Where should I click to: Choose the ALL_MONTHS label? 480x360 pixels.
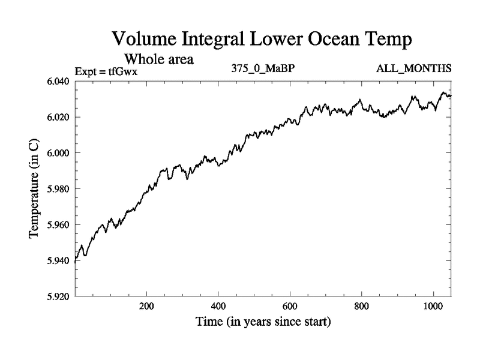[x=413, y=68]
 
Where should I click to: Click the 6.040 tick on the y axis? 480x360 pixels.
[x=58, y=81]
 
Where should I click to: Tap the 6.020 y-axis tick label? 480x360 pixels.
[x=58, y=117]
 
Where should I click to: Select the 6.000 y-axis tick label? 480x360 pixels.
[x=58, y=153]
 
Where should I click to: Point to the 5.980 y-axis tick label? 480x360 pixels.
[x=58, y=189]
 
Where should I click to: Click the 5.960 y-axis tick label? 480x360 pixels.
[x=58, y=225]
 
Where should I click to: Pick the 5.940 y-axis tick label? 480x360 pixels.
[x=58, y=261]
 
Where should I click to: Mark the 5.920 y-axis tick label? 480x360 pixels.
[x=58, y=296]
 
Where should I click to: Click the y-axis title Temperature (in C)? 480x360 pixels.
[x=34, y=189]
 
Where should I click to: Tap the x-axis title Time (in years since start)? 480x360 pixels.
[x=262, y=322]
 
